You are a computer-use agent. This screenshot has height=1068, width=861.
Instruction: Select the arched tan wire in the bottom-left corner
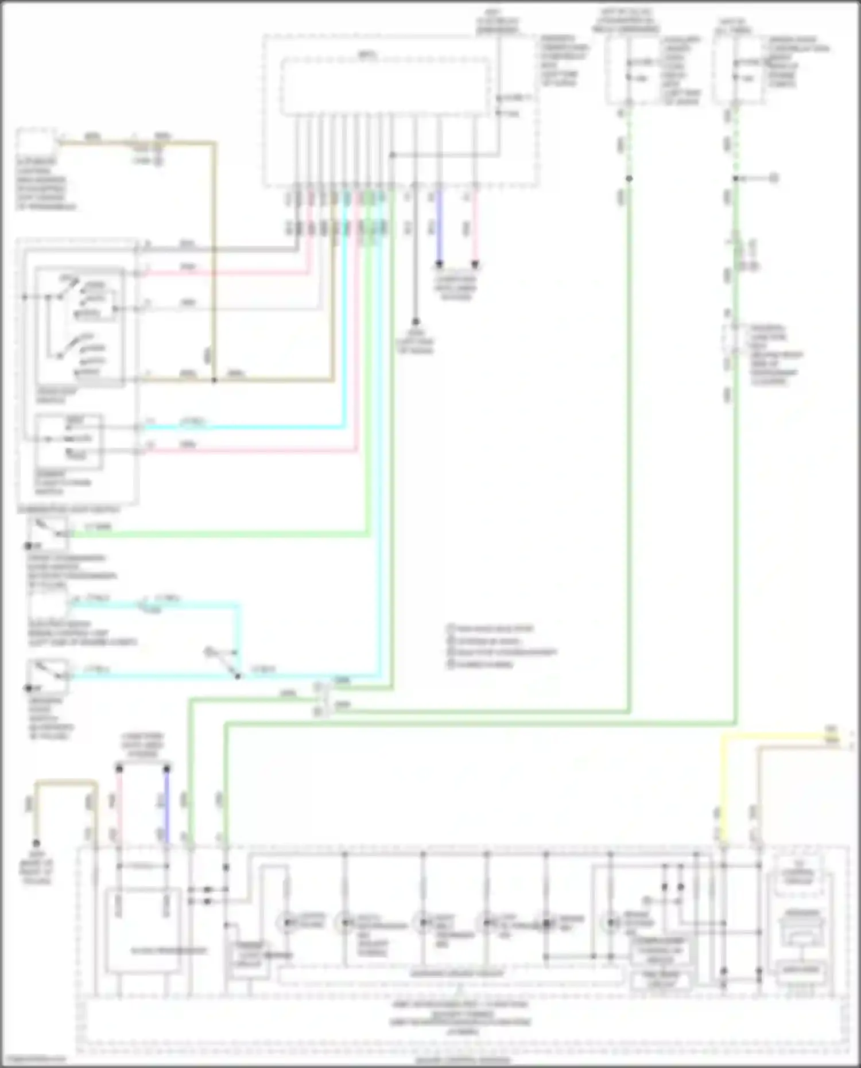click(66, 782)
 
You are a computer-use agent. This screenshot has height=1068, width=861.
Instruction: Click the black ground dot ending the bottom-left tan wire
click(36, 843)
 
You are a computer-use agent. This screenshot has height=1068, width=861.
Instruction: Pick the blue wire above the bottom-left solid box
click(166, 803)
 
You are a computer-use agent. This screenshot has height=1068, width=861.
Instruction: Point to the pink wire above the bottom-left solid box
click(119, 803)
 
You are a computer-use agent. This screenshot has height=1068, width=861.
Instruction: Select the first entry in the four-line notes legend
click(491, 629)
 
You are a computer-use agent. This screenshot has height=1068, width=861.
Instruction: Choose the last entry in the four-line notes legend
click(482, 665)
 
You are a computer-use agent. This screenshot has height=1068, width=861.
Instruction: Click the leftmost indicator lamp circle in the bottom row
click(286, 923)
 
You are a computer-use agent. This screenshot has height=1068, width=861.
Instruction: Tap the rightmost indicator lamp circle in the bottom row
click(612, 923)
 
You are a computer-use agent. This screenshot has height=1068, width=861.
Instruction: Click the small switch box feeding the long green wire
click(48, 532)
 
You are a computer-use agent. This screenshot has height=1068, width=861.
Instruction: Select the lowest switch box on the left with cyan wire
click(48, 677)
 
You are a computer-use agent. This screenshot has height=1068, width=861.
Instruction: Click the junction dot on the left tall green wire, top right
click(629, 178)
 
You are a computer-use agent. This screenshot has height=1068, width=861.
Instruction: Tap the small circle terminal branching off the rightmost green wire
click(773, 178)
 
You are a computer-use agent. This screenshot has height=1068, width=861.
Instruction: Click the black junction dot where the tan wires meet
click(214, 380)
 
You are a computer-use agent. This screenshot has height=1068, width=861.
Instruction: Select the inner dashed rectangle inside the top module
click(385, 86)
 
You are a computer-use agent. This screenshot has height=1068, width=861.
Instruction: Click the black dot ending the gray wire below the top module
click(416, 322)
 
